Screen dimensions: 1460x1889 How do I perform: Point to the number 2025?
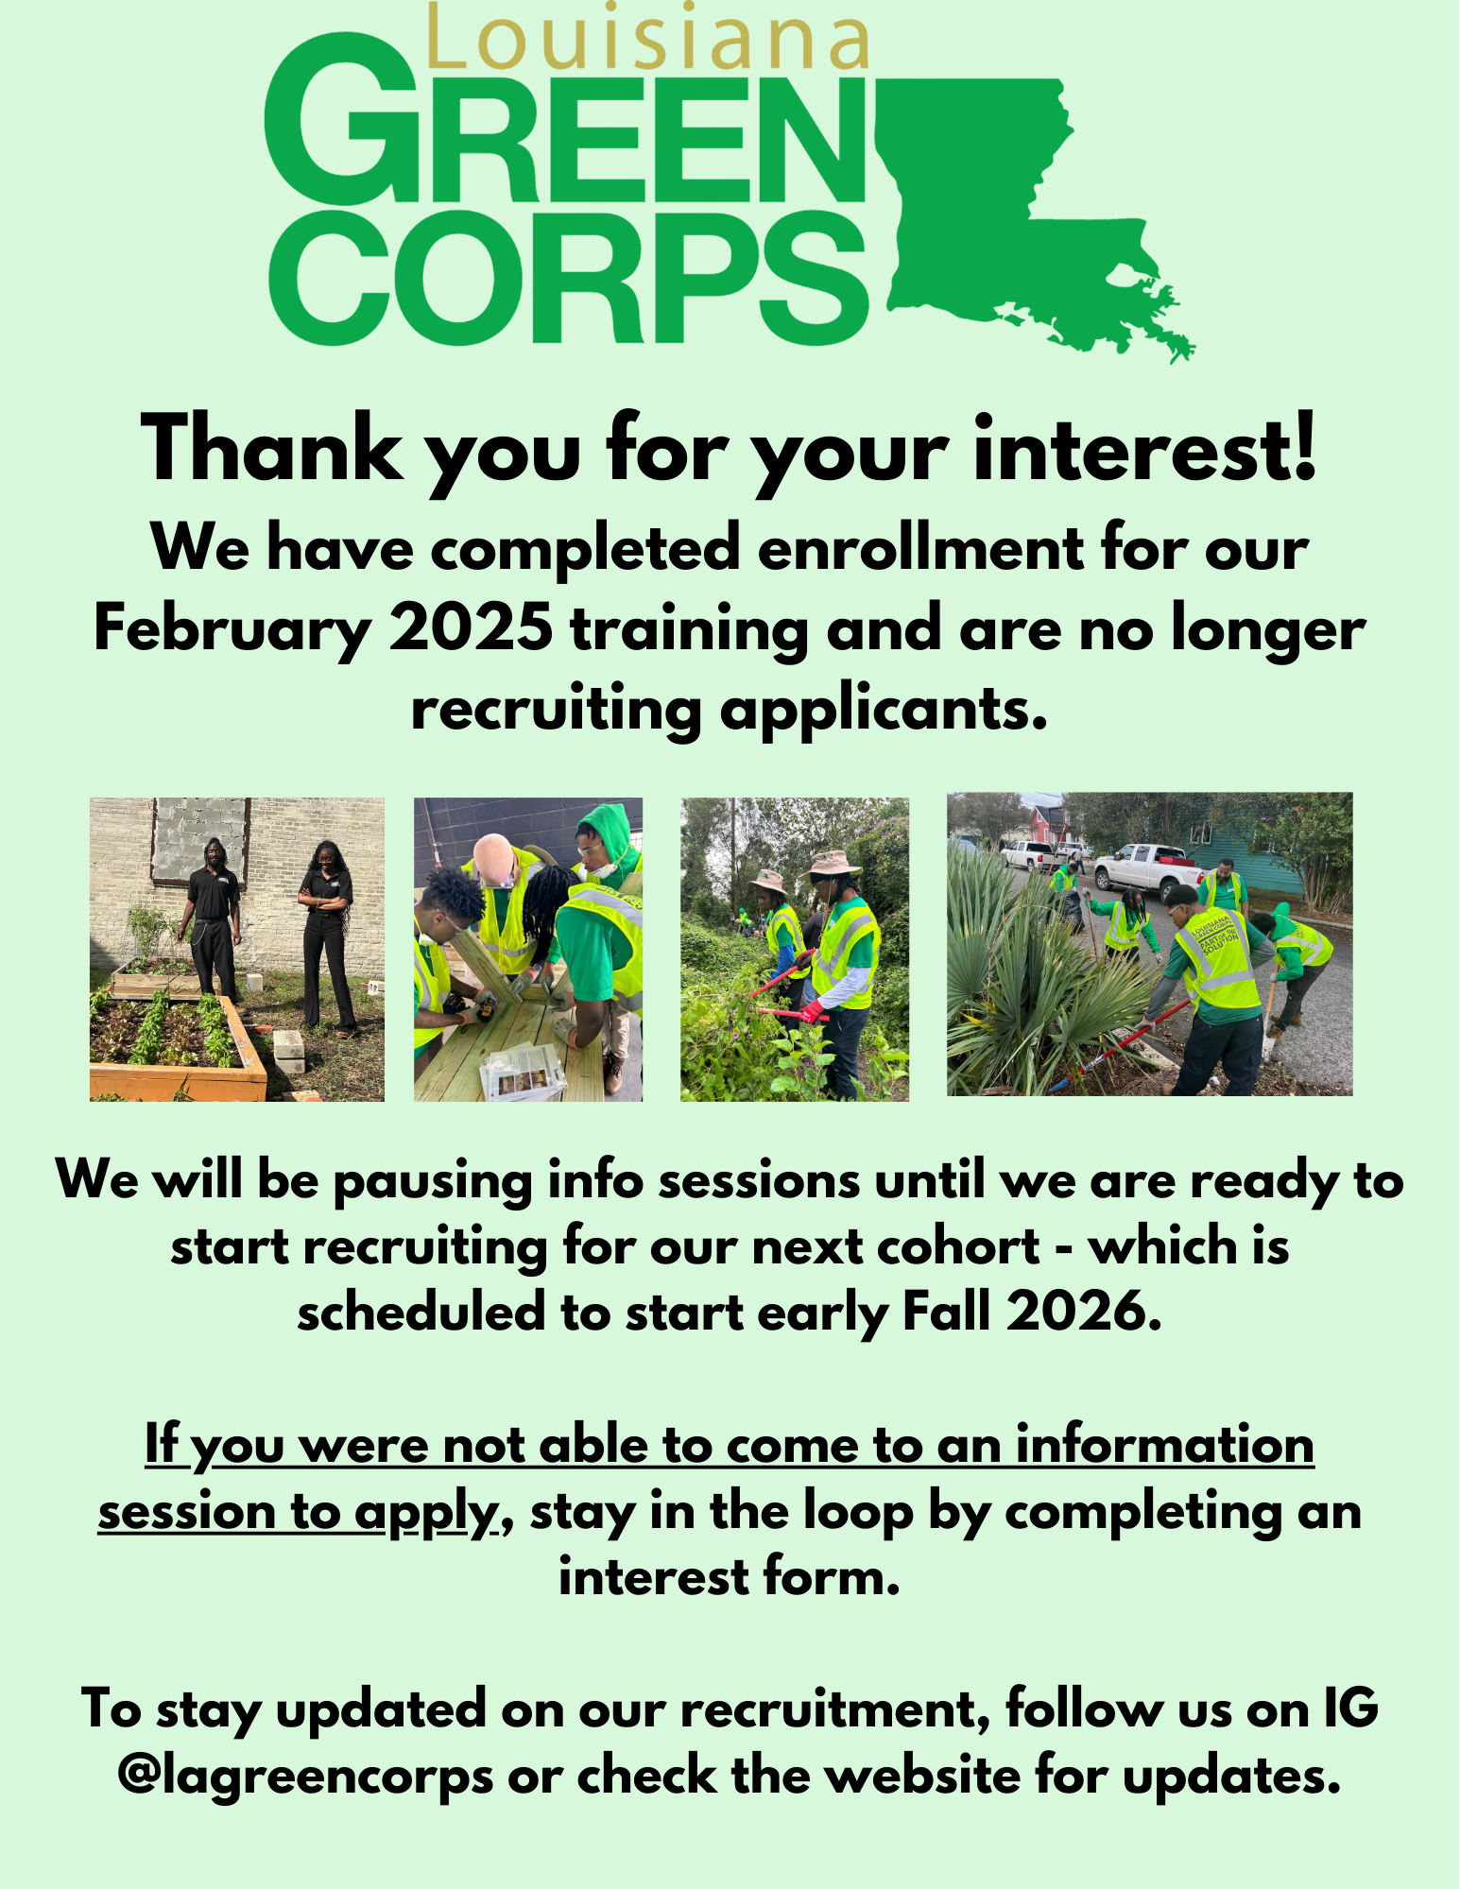[471, 627]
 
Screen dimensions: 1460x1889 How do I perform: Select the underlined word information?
[1164, 1445]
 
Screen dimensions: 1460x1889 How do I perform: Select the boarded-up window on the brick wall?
[199, 841]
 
